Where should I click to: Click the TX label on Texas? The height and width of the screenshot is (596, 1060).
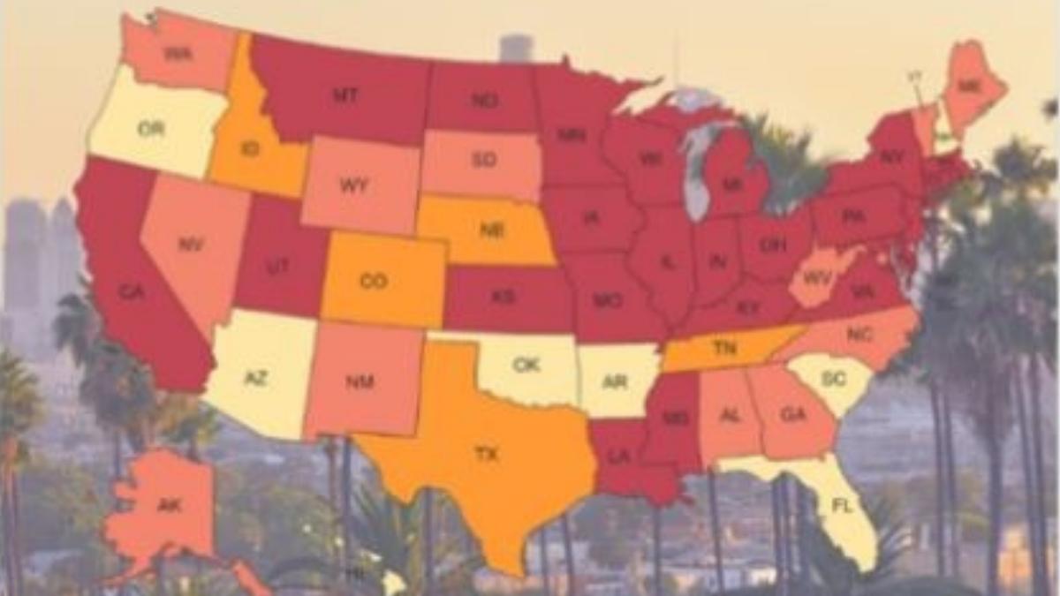click(x=487, y=455)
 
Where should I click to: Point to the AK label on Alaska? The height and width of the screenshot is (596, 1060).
click(x=169, y=505)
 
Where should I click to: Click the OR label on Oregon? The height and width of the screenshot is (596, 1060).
click(x=151, y=129)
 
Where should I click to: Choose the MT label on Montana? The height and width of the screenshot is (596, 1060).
click(x=345, y=94)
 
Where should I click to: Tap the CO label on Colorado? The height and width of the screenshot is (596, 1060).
click(x=374, y=282)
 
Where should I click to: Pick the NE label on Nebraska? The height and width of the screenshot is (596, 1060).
click(x=492, y=230)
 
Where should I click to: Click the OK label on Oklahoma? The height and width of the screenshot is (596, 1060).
click(x=526, y=364)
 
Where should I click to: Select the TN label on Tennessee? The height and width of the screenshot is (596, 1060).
click(x=724, y=348)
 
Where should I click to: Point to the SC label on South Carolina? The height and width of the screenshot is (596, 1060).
click(x=833, y=378)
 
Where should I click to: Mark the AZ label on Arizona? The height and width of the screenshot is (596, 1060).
click(x=255, y=378)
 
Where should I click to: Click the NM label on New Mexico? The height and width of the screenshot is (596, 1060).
click(x=360, y=381)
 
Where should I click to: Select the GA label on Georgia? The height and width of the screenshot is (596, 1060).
click(x=792, y=413)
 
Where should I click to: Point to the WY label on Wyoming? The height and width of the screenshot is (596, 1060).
click(x=353, y=186)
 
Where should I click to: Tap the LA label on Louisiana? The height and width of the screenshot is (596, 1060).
click(x=621, y=456)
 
